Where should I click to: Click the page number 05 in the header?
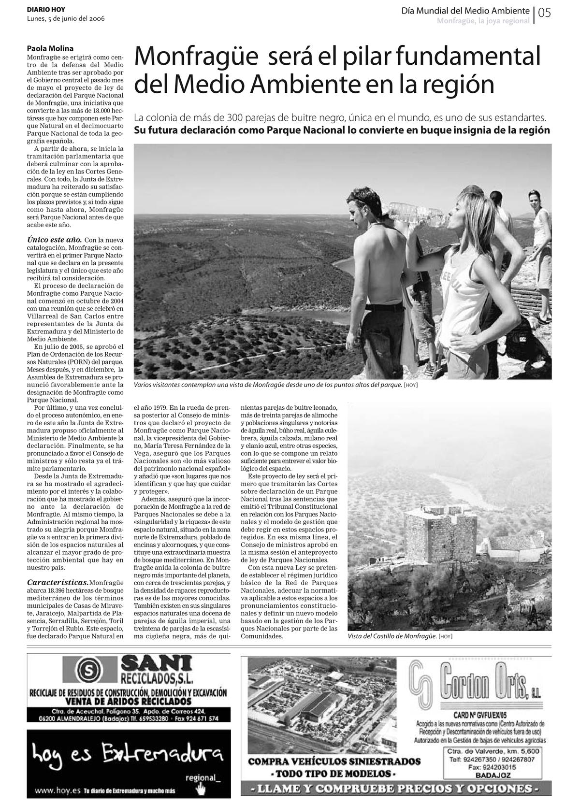click(544, 13)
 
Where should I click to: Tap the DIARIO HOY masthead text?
click(46, 10)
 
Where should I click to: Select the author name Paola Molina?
click(50, 48)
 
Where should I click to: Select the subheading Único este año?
click(54, 240)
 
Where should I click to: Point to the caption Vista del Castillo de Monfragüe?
click(392, 636)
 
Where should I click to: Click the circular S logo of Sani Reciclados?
click(89, 670)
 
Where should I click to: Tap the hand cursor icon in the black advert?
click(200, 789)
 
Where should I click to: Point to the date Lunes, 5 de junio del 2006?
click(66, 18)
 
